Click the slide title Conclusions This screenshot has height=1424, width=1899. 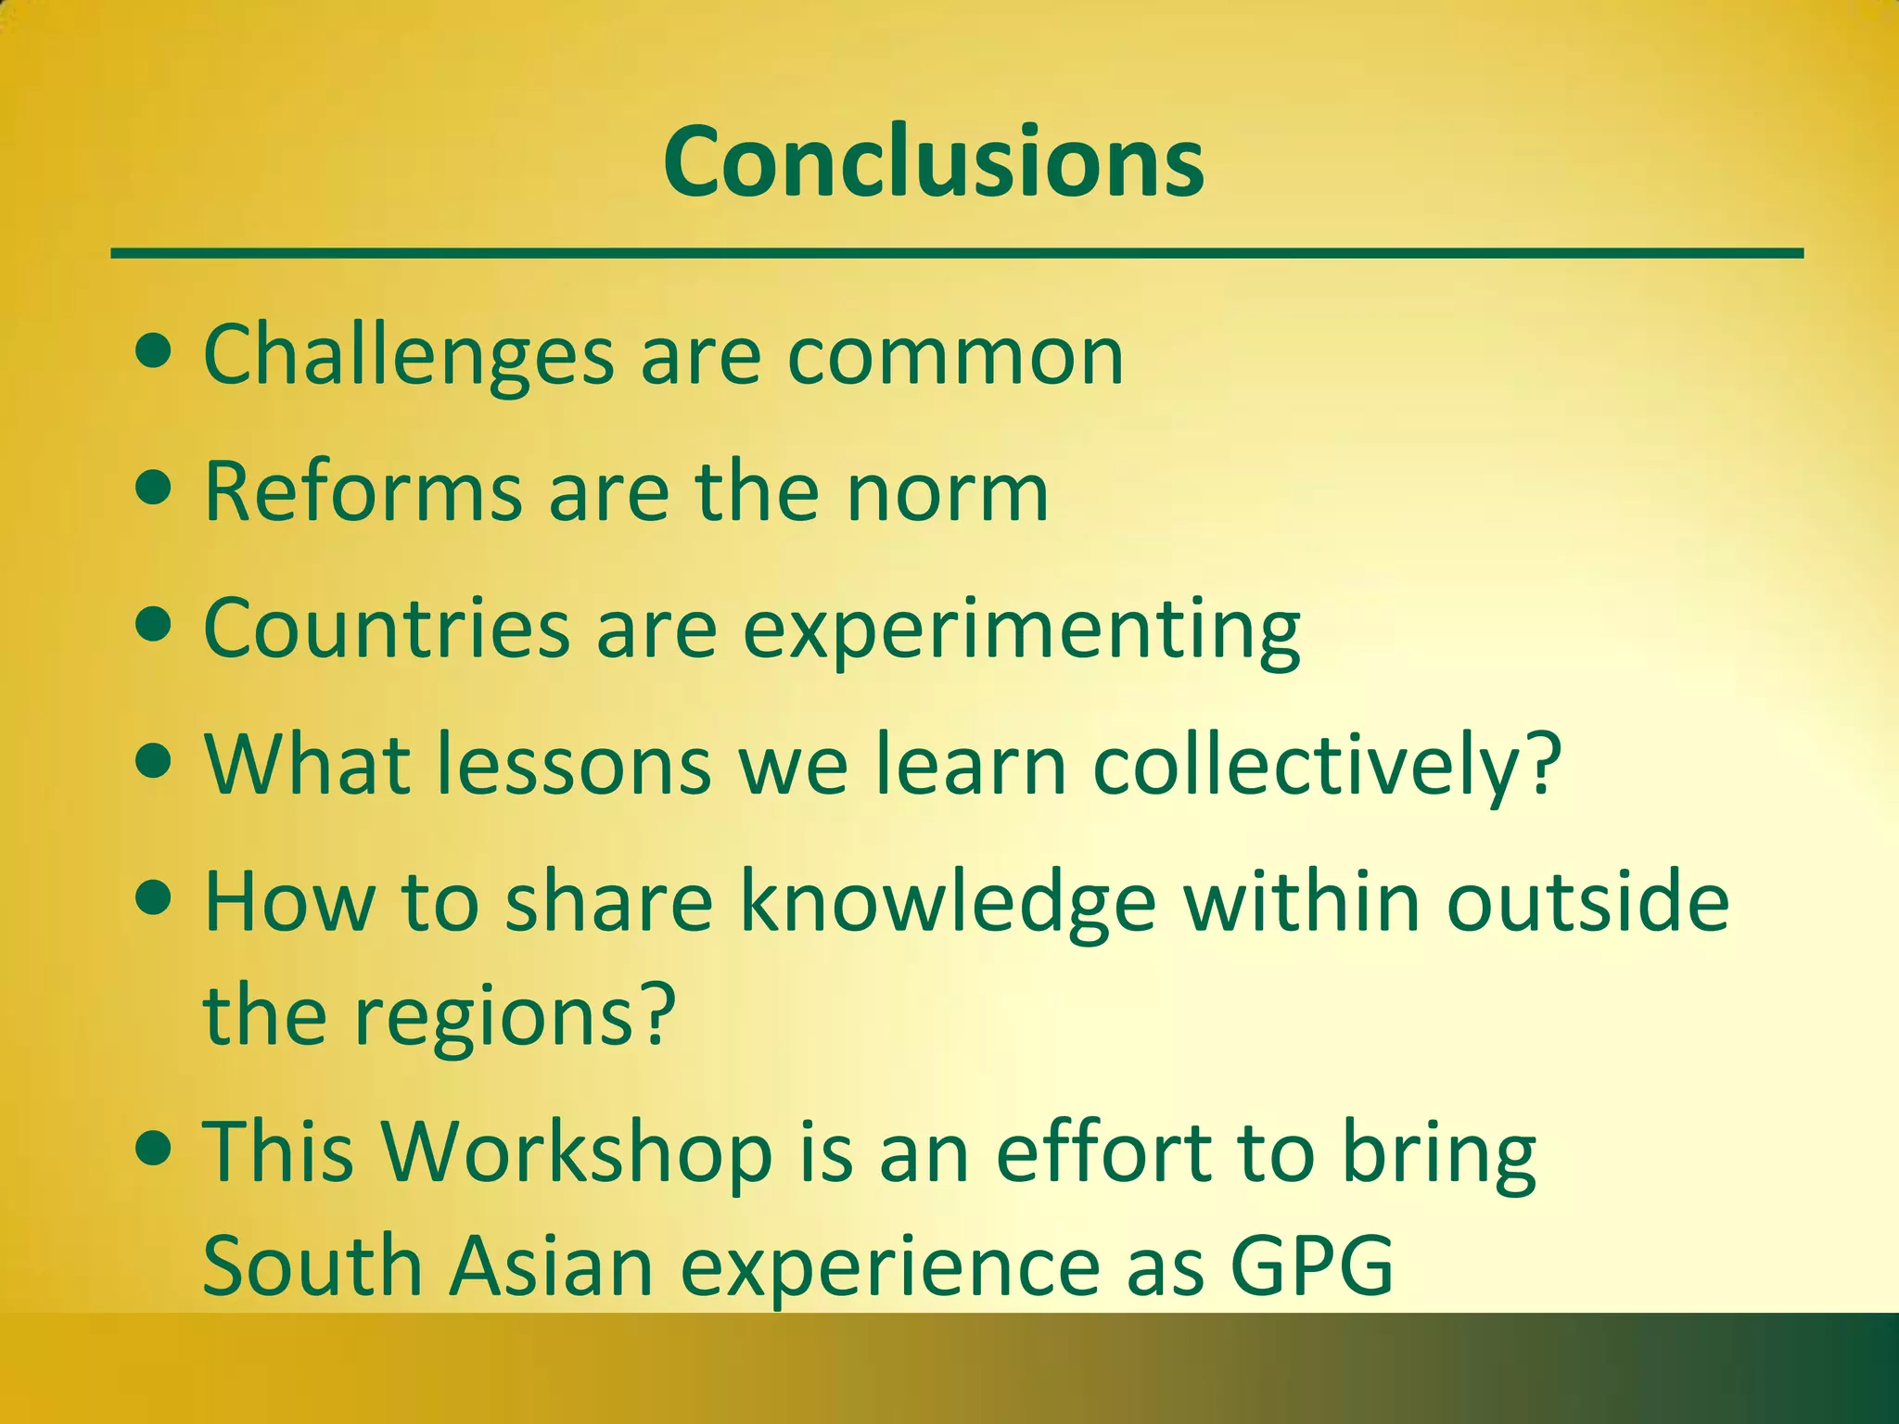click(x=933, y=162)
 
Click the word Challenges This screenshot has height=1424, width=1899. click(x=408, y=356)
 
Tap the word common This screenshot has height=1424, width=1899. click(x=955, y=356)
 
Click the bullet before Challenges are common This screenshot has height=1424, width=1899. click(x=153, y=353)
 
